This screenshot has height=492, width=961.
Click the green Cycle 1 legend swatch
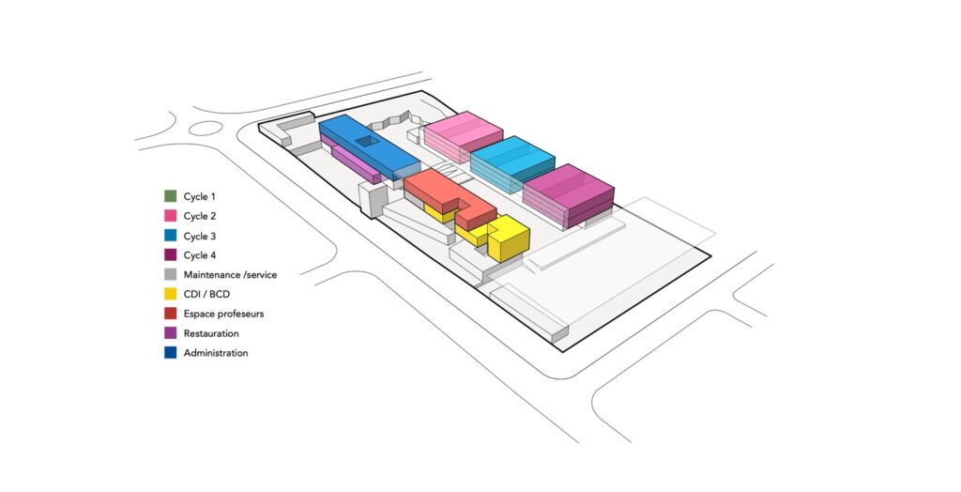coord(171,196)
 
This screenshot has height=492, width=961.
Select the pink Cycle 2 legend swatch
coord(171,216)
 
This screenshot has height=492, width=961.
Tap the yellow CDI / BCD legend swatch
coord(171,294)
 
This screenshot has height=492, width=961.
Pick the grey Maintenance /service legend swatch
coord(171,274)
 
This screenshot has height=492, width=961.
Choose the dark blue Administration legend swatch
coord(171,353)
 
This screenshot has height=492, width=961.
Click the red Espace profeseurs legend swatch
coord(171,314)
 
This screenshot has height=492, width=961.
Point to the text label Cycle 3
coord(200,237)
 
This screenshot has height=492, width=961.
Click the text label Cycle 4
coord(200,255)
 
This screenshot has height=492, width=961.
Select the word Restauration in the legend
coord(211,333)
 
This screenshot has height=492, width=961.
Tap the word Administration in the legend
coord(216,353)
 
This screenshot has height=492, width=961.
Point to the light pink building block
coord(464,136)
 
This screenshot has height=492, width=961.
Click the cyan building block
coord(512,162)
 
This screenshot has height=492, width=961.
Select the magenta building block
coord(568,194)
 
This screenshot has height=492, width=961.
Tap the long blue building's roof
coord(369,146)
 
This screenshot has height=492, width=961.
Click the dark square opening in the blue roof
coord(368,142)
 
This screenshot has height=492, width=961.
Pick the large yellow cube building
coord(509,238)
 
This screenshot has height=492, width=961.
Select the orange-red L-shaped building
coord(450,197)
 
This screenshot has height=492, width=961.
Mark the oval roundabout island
coord(206,129)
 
